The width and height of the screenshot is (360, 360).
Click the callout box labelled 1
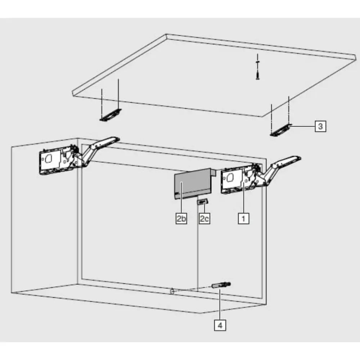coord(243,218)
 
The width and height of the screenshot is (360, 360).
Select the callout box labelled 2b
coord(181,218)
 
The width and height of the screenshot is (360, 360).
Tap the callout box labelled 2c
coord(204,218)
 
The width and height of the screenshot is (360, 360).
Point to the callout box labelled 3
coord(320,126)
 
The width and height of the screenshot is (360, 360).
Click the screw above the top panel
coord(258,70)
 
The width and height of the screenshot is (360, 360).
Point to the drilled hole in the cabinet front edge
coord(172,291)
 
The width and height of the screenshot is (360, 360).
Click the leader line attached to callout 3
coord(304,126)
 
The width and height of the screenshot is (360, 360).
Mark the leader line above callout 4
coord(220,306)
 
